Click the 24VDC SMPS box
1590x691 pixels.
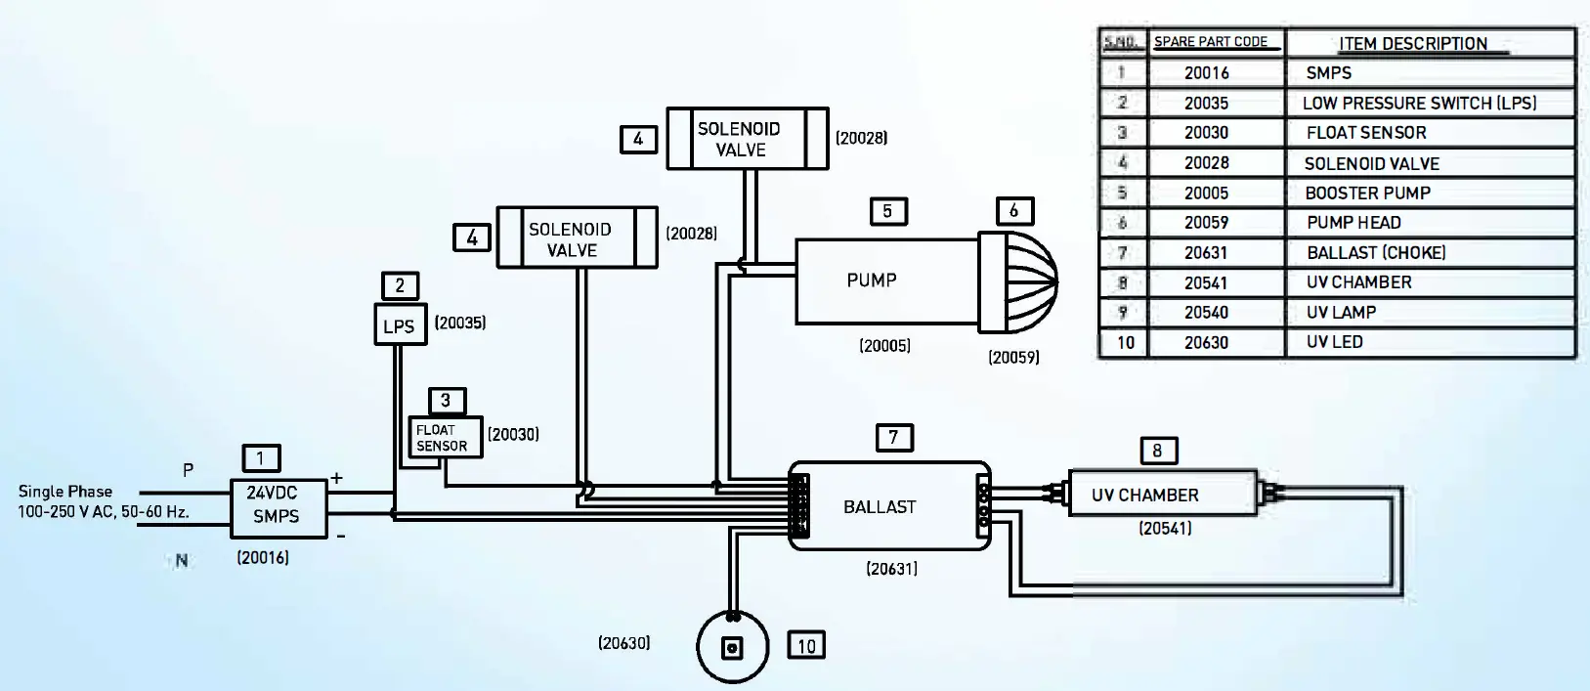[278, 507]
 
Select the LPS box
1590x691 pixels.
[400, 324]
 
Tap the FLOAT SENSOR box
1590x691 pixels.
[445, 437]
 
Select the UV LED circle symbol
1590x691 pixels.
[733, 648]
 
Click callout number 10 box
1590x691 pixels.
[806, 645]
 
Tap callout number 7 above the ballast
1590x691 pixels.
[893, 437]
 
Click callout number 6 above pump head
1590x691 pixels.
[1014, 211]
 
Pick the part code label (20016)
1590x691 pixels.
[263, 558]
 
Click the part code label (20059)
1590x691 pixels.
[1013, 358]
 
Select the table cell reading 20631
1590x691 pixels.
[1206, 253]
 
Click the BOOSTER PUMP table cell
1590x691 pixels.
[1368, 194]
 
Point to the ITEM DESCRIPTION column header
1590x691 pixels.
[1413, 44]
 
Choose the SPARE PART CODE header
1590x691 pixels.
[1211, 42]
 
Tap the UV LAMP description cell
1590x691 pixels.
[1342, 313]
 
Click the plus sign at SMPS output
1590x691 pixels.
[336, 478]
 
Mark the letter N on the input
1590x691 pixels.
[182, 561]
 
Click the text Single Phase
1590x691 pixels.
[65, 492]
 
